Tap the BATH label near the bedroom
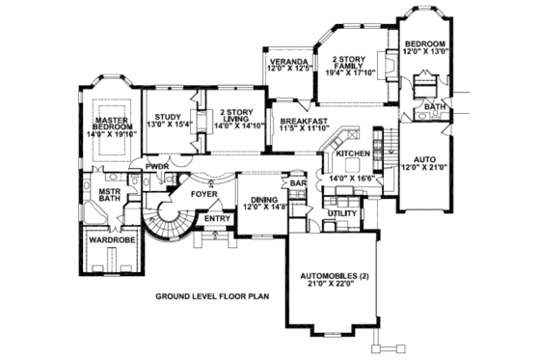[434, 106]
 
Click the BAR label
[299, 182]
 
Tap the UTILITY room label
[342, 212]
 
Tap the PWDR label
[157, 166]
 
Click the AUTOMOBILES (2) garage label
[335, 279]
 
